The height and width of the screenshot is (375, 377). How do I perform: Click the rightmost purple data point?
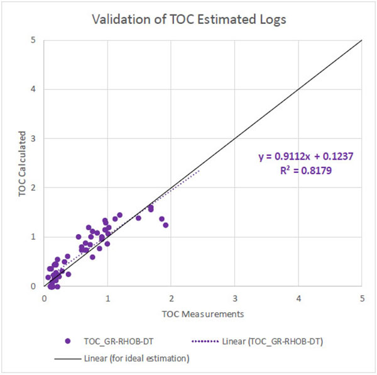[x=166, y=225]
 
